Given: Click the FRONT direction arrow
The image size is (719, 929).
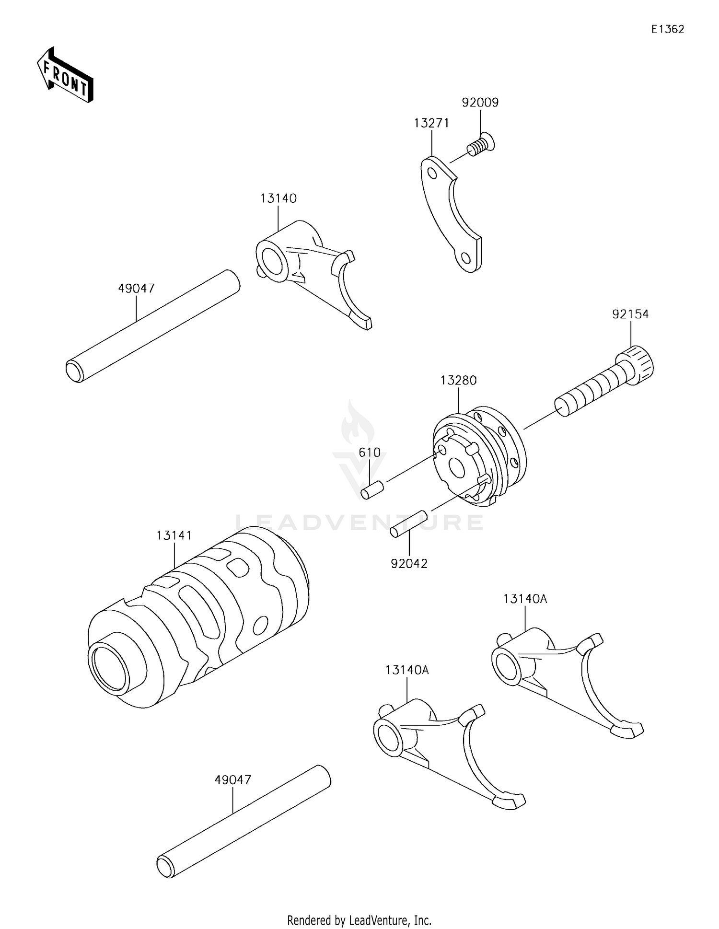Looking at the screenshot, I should (x=65, y=76).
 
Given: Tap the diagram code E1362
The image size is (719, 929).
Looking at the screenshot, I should (x=667, y=29).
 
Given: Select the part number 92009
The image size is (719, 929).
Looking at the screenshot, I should (x=480, y=102).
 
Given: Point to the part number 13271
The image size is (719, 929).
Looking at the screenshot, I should (x=431, y=123).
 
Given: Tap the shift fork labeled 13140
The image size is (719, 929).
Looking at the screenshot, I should (x=307, y=268).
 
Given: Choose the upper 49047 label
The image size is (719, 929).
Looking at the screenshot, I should (x=136, y=288).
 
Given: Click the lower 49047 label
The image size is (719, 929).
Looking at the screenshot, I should (x=232, y=780).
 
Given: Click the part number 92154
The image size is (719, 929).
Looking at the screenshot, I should (x=630, y=314).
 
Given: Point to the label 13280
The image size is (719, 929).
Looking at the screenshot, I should (x=458, y=380).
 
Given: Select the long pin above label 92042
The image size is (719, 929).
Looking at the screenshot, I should (x=408, y=524).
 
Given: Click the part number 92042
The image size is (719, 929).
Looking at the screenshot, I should (x=408, y=564).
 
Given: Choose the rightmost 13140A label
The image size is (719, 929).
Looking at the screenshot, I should (x=525, y=599).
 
